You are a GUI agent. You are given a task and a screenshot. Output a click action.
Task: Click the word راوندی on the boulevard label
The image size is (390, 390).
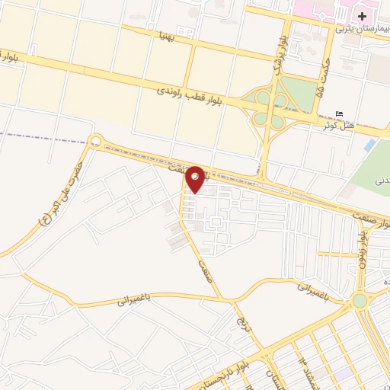pyautogui.click(x=171, y=90)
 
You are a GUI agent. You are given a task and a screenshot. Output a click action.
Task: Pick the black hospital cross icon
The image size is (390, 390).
pyautogui.click(x=362, y=16)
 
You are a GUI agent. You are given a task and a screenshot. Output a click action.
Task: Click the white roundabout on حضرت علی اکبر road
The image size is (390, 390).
pyautogui.click(x=96, y=141)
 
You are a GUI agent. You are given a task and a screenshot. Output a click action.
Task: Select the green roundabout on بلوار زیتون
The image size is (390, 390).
pyautogui.click(x=360, y=301)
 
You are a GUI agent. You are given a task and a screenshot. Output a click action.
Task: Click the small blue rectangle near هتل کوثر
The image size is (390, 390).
pyautogui.click(x=370, y=145)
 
